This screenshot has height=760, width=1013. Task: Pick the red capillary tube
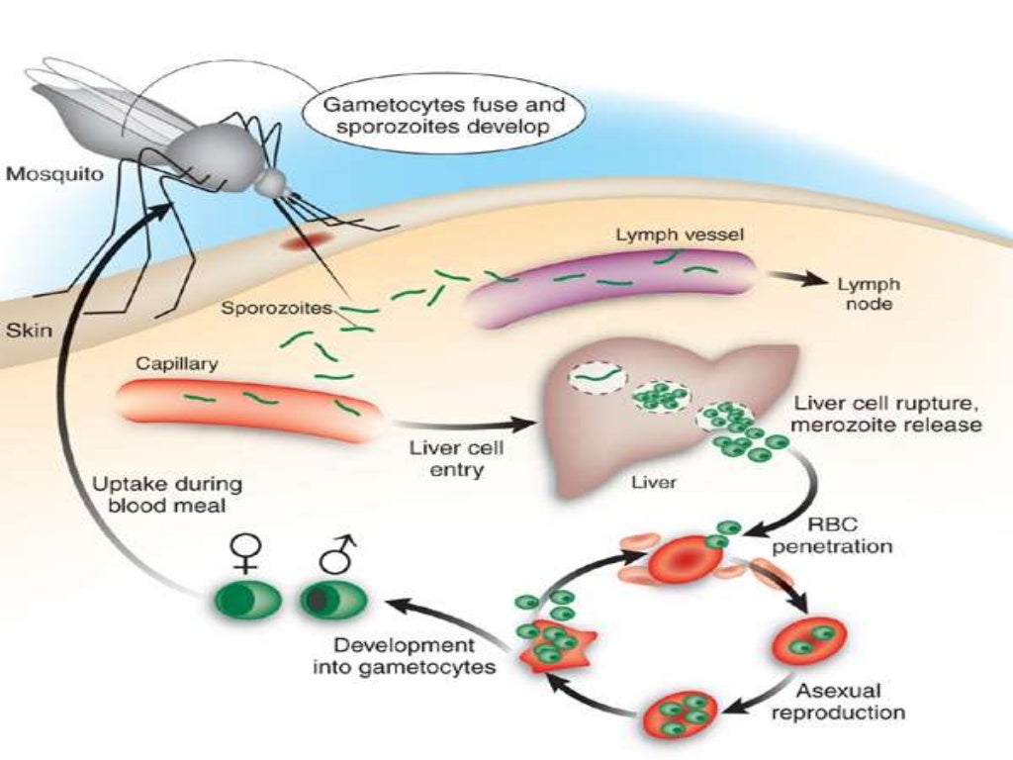click(x=247, y=402)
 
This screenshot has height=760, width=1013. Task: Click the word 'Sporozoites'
click(x=276, y=308)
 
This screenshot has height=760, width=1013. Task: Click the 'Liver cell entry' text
click(x=456, y=458)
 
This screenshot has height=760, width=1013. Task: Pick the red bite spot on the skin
click(x=301, y=241)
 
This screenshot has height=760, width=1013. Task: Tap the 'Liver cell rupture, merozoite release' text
click(x=886, y=415)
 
